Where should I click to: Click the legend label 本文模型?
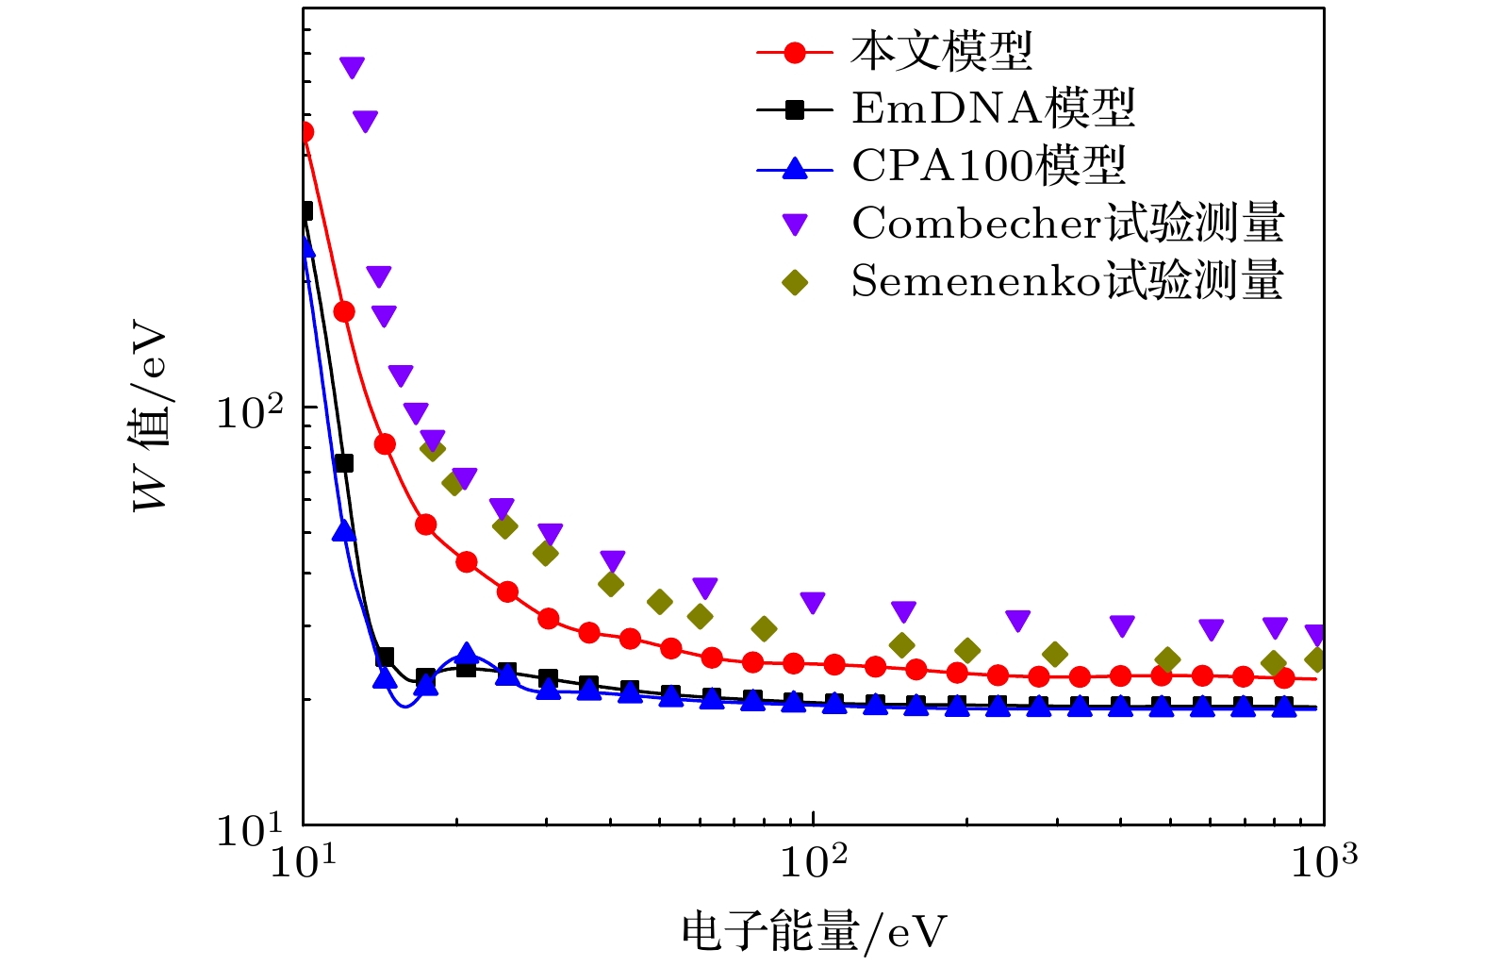click(x=941, y=51)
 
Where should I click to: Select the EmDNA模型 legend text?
click(x=993, y=108)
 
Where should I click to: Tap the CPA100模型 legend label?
click(x=988, y=166)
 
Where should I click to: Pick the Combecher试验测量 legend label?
click(x=1067, y=224)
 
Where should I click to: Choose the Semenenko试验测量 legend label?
click(x=1066, y=281)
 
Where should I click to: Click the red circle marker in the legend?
click(x=795, y=53)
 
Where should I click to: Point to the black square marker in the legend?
click(x=795, y=109)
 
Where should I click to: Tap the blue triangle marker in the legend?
click(x=795, y=168)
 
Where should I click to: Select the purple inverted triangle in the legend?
click(x=795, y=225)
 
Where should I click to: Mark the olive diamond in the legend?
click(x=795, y=282)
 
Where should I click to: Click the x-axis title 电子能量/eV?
click(x=813, y=932)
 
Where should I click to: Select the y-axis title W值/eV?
click(x=151, y=419)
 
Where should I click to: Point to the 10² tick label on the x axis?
click(x=813, y=861)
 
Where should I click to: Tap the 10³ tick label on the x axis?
click(x=1323, y=861)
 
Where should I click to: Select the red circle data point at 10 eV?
click(x=305, y=132)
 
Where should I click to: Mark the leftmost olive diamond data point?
click(x=432, y=449)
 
